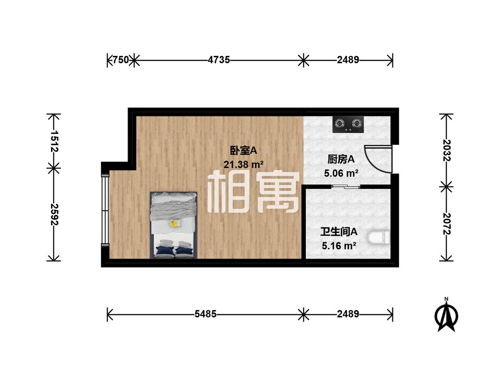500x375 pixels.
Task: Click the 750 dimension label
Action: tap(120, 60)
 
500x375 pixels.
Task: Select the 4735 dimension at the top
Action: tap(219, 60)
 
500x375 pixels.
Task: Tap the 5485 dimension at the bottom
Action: tap(205, 314)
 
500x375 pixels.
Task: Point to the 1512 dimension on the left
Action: tap(54, 141)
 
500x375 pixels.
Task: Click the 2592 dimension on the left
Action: tap(54, 215)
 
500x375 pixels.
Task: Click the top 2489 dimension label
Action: tap(348, 60)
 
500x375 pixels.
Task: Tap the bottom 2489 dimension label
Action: tap(348, 314)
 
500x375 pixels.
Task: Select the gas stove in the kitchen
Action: tap(348, 124)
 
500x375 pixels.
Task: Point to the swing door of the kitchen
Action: tap(378, 159)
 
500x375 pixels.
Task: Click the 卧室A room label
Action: tap(243, 151)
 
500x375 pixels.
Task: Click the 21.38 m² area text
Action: tap(243, 165)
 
